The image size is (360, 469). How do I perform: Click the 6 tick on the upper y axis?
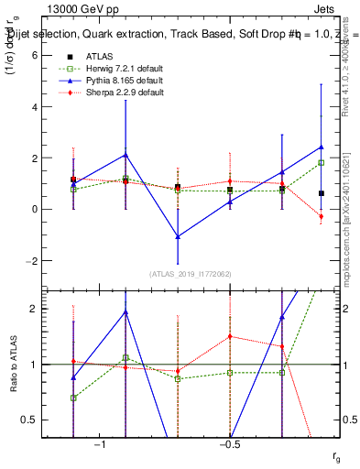pyautogui.click(x=34, y=55)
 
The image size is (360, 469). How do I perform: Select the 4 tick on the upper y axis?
pyautogui.click(x=34, y=106)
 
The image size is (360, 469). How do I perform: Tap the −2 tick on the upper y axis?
pyautogui.click(x=32, y=260)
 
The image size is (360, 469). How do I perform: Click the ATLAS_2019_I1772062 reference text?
pyautogui.click(x=191, y=274)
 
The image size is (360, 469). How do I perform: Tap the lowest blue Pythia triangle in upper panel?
pyautogui.click(x=178, y=236)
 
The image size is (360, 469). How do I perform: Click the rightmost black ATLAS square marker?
pyautogui.click(x=322, y=193)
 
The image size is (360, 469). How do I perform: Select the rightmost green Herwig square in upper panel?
pyautogui.click(x=322, y=163)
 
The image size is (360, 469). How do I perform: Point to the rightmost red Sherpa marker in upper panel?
pyautogui.click(x=322, y=217)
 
